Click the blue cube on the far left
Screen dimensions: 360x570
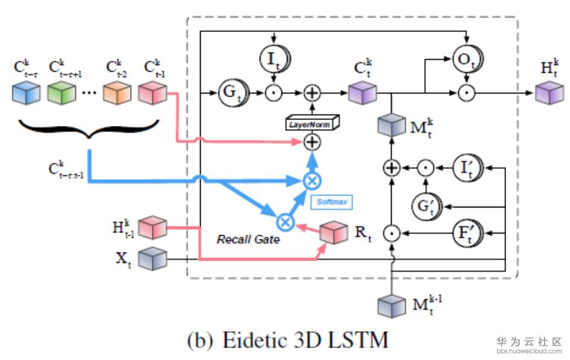click(26, 93)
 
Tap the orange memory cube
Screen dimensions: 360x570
click(116, 93)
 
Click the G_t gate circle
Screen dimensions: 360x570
click(230, 93)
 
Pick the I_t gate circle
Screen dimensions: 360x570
click(274, 58)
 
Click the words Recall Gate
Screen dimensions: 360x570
click(248, 239)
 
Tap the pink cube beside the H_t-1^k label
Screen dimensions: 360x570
click(152, 228)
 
